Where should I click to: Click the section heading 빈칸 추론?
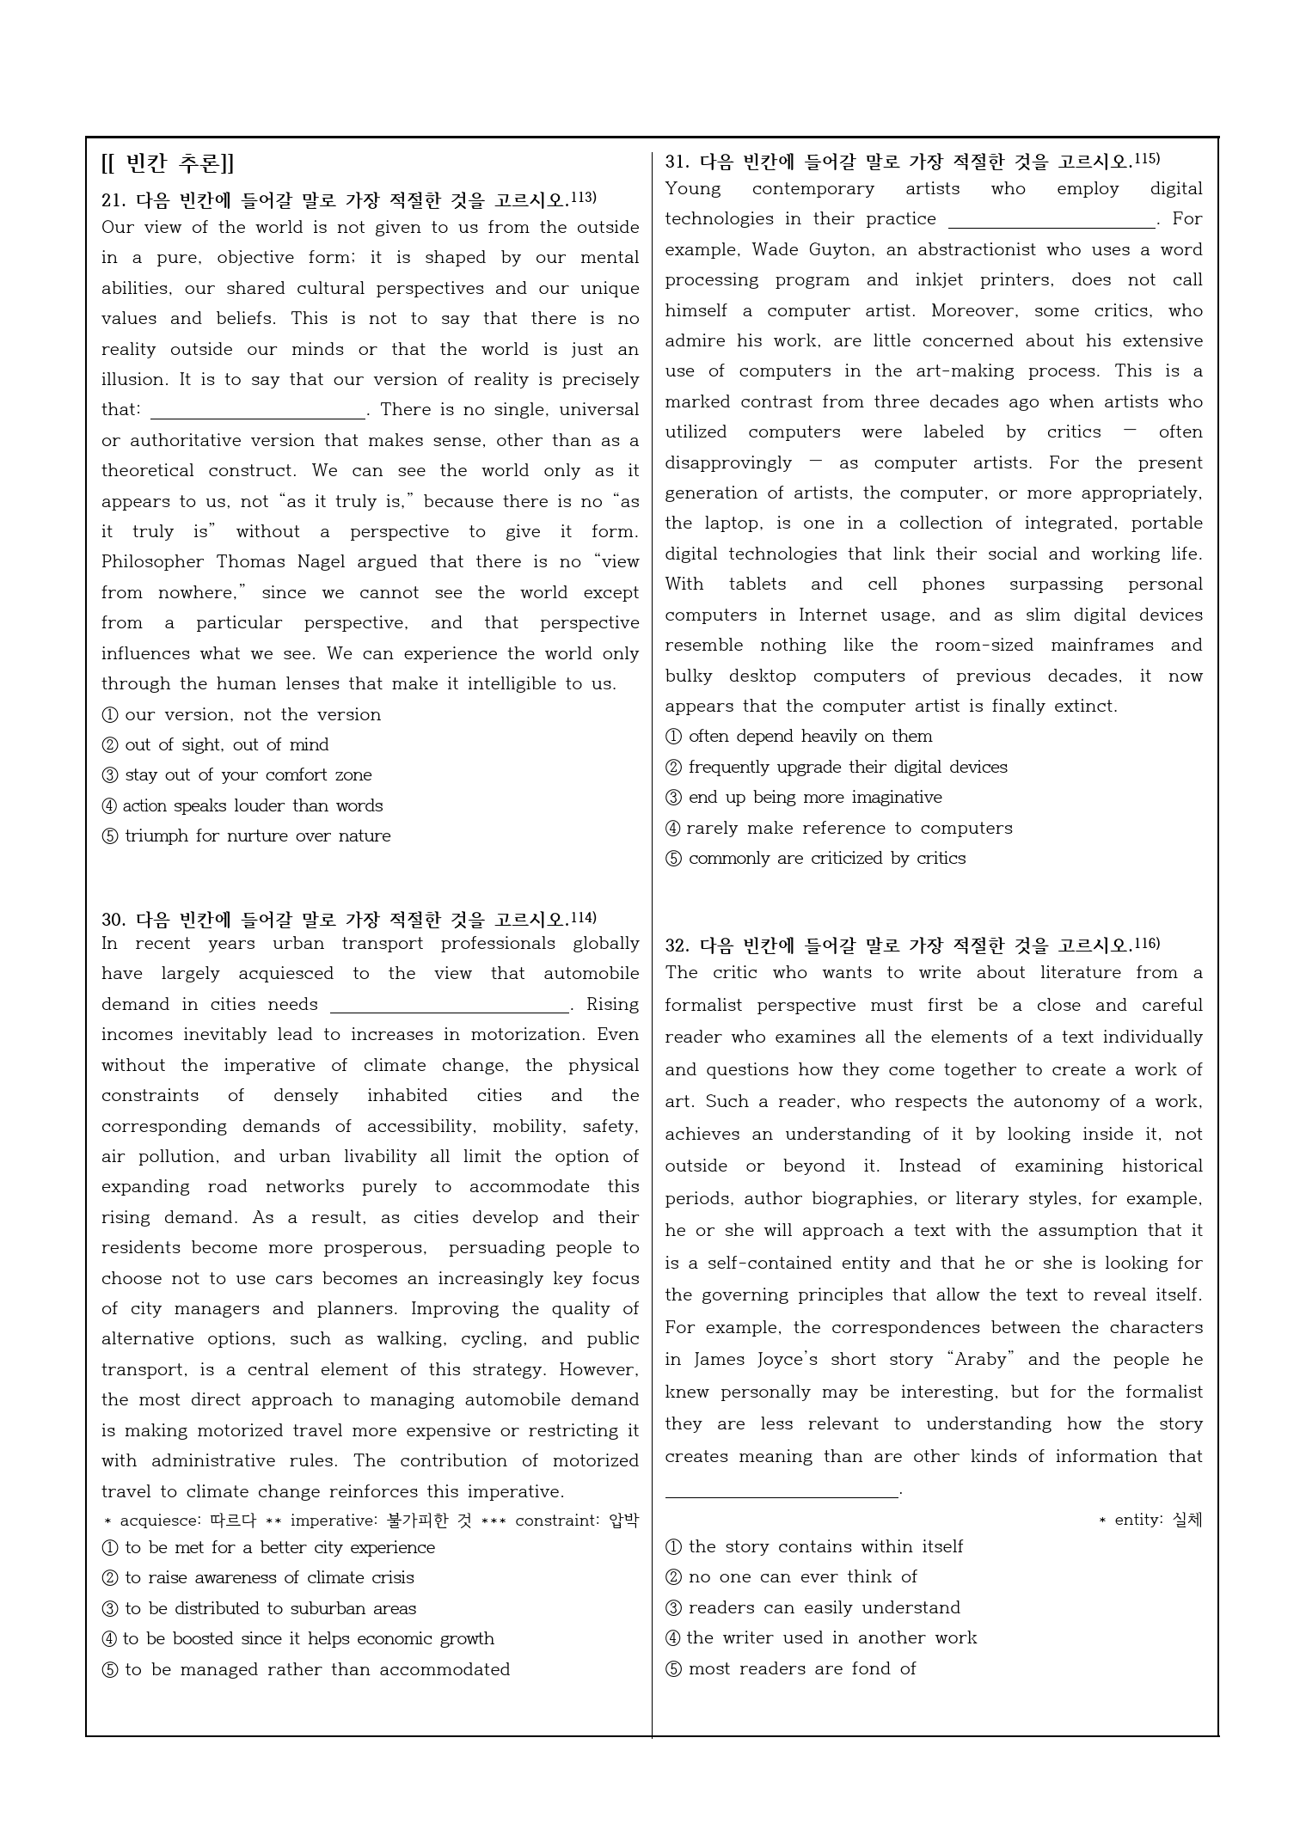pos(168,163)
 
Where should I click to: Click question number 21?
pos(113,201)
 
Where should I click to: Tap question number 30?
pos(113,920)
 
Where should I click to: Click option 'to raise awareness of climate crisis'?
pos(268,1578)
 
